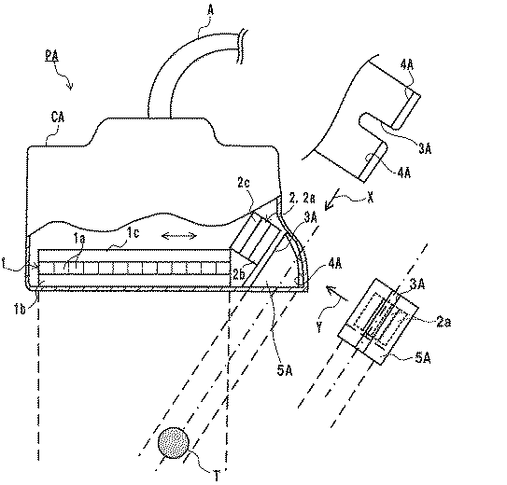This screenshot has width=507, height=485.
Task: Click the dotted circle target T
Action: (174, 443)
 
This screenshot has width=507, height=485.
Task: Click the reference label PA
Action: (51, 56)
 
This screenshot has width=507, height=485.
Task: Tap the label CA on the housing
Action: (58, 117)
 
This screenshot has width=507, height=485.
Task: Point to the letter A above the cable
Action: (210, 10)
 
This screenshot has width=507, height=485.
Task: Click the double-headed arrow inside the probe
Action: (179, 236)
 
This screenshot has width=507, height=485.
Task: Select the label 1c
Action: (133, 233)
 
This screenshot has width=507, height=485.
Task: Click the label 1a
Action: (78, 238)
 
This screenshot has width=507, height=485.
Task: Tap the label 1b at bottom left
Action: (20, 310)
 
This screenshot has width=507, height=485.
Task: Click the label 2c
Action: (244, 183)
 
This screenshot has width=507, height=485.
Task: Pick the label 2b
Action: (239, 274)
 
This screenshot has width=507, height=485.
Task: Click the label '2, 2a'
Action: (302, 199)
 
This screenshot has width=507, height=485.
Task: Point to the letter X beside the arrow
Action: (371, 197)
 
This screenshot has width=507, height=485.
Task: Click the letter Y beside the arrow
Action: (319, 327)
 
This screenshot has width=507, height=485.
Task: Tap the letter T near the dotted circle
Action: (217, 476)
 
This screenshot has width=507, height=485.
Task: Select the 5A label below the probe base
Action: (285, 371)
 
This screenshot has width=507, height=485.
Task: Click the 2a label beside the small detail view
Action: (444, 322)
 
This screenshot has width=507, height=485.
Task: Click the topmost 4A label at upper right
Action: (407, 65)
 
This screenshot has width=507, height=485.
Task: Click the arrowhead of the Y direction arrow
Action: (331, 289)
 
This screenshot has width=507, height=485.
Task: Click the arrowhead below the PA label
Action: (70, 87)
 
